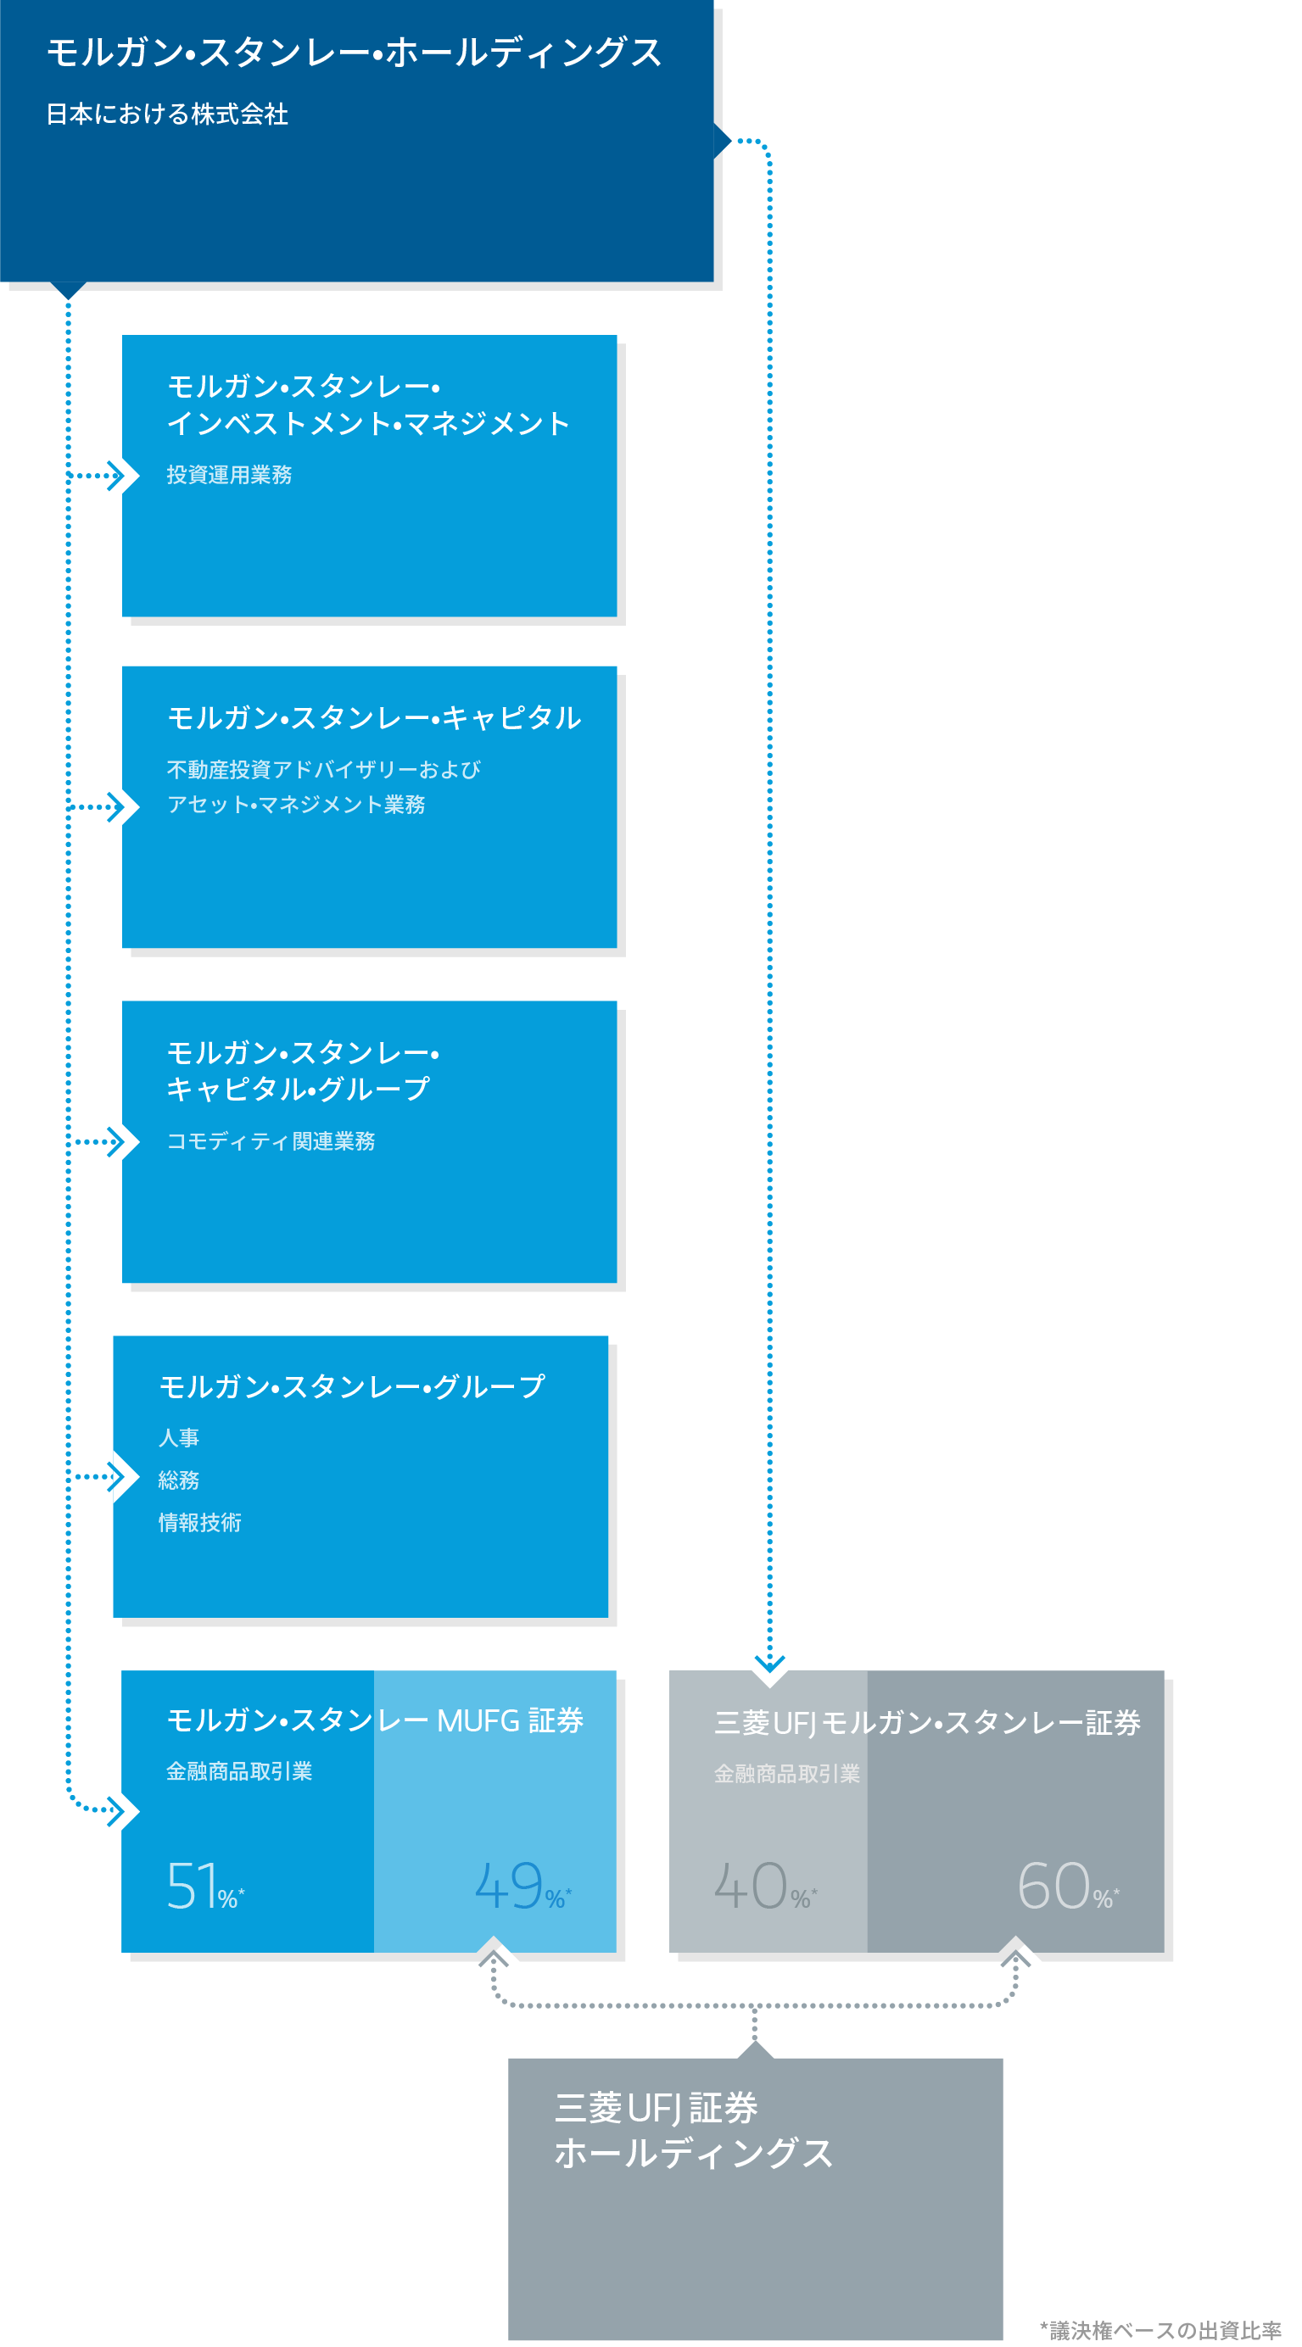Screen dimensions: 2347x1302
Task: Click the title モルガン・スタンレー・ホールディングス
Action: (354, 53)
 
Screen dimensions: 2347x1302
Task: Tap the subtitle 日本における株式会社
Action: (168, 114)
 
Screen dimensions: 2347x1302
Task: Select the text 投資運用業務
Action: (229, 475)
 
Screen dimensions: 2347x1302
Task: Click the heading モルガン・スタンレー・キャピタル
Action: (373, 718)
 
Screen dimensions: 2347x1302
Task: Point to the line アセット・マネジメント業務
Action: (295, 805)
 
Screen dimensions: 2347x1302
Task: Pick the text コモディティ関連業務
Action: (271, 1140)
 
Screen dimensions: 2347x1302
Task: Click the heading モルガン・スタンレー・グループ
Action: (352, 1385)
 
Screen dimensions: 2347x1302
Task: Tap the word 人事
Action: (179, 1437)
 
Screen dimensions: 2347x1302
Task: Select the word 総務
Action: (179, 1480)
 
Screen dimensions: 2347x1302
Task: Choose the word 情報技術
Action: (199, 1523)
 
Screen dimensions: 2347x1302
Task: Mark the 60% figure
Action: (1067, 1886)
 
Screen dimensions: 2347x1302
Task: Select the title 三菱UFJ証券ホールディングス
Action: (692, 2130)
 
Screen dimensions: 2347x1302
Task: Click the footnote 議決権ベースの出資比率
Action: (1161, 2330)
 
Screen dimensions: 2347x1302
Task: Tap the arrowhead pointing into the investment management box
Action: (115, 476)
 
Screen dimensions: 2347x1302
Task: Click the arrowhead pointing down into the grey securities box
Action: (770, 1664)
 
